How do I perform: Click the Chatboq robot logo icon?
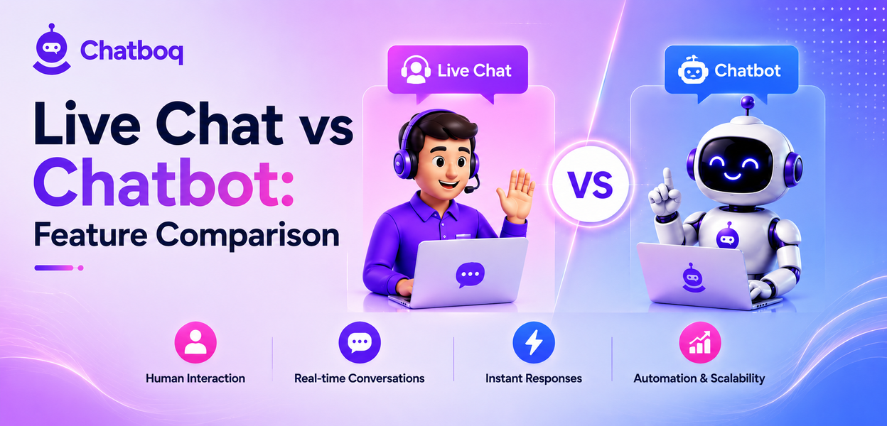pos(52,50)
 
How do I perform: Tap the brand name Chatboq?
pos(132,51)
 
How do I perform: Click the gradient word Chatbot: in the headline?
pos(164,182)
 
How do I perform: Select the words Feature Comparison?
pos(187,235)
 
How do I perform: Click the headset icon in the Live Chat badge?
pos(416,70)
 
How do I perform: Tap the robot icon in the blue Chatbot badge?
pos(693,70)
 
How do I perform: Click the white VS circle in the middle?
pos(591,184)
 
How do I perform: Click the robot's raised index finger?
pos(668,179)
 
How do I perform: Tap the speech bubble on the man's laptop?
pos(470,275)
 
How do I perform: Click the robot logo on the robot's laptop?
pos(692,278)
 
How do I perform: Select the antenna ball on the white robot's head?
pos(748,102)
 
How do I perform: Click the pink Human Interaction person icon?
pos(195,342)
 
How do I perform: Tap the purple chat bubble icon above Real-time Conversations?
pos(360,342)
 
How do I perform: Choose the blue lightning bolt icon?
pos(534,342)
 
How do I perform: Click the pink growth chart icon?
pos(700,342)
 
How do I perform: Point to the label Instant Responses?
pos(534,378)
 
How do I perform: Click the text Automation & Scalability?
pos(699,378)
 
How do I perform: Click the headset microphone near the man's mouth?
pos(470,190)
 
